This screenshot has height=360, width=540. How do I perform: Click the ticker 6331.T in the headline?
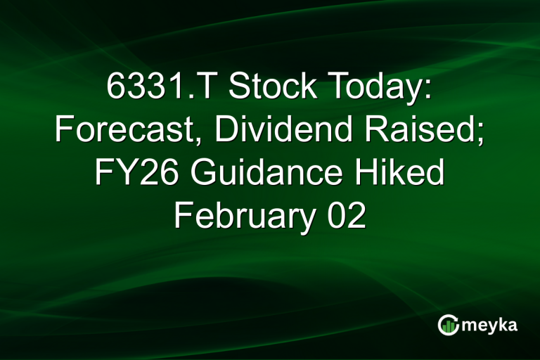click(x=160, y=88)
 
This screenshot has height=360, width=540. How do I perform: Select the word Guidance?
click(x=264, y=173)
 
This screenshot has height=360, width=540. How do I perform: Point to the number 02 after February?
click(x=346, y=216)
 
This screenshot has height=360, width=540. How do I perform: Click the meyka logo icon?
click(x=448, y=325)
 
